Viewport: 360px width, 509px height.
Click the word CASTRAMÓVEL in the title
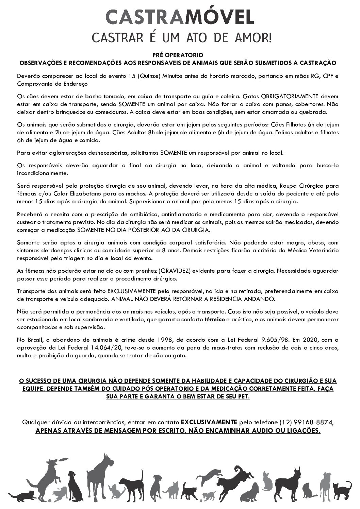pos(180,17)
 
